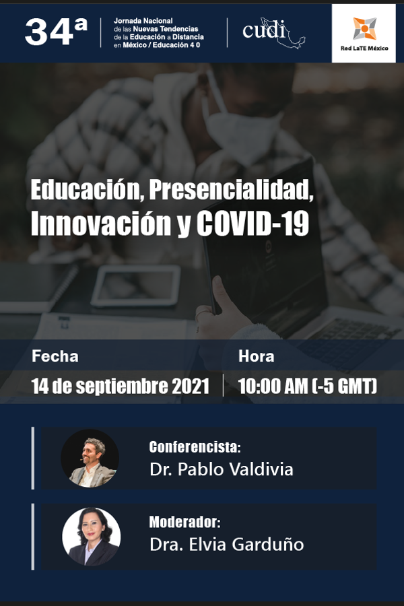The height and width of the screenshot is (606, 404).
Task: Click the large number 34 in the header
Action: (x=49, y=32)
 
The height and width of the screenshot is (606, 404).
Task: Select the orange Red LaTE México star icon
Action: (x=364, y=28)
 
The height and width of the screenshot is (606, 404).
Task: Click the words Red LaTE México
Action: (x=364, y=48)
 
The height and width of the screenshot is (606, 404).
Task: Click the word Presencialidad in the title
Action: (x=231, y=189)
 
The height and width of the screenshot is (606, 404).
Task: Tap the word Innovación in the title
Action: (x=101, y=224)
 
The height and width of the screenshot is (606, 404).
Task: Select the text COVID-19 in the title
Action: (x=253, y=224)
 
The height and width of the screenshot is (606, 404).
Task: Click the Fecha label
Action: (x=55, y=356)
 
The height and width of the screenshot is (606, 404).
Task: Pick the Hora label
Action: (x=257, y=356)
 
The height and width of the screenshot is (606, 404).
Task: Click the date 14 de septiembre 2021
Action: (x=121, y=386)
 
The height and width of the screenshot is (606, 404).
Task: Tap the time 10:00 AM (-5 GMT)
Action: (x=307, y=386)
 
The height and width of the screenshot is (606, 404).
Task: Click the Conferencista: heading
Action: (x=195, y=447)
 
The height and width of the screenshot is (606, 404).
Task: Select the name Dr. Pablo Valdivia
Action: (x=221, y=469)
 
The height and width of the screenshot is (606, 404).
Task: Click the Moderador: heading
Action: (x=184, y=522)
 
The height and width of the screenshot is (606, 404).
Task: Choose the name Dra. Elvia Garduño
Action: (x=226, y=544)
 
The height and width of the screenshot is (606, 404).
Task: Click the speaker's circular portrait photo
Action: (x=90, y=458)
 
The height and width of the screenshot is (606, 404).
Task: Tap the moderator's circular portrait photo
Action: (x=92, y=537)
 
